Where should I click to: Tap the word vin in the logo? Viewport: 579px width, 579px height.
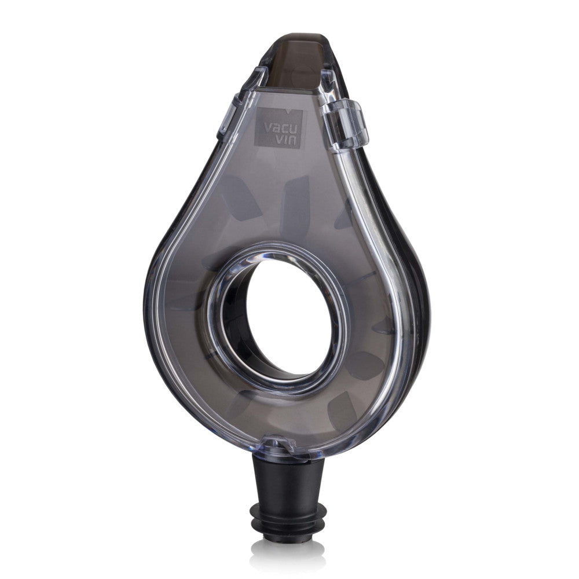287,140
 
